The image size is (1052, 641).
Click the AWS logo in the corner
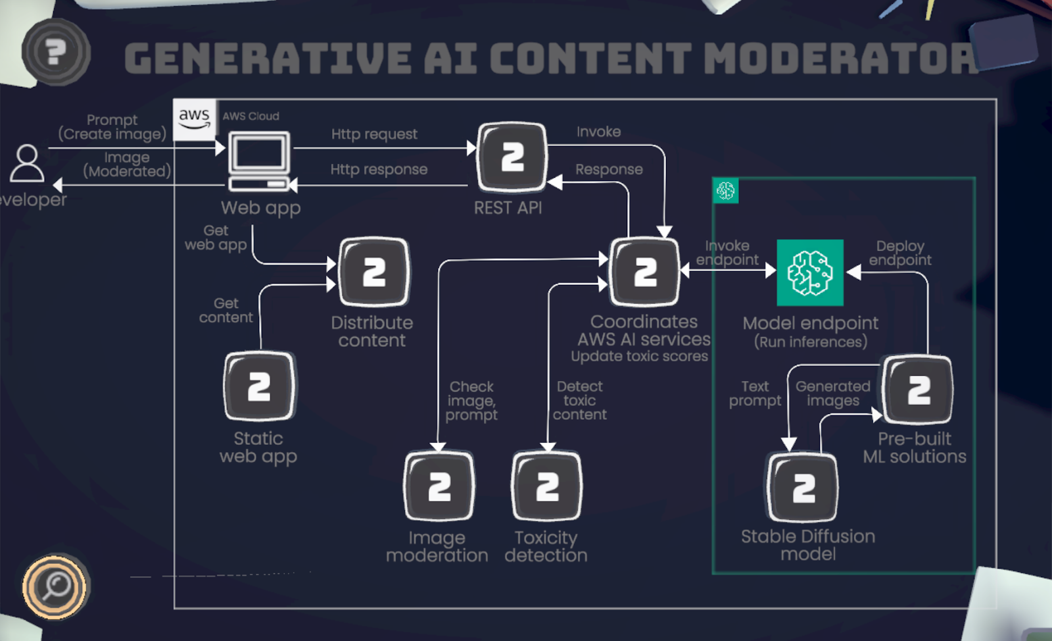[x=194, y=119]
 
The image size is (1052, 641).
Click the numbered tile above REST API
[x=512, y=157]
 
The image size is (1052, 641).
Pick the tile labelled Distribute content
[x=373, y=272]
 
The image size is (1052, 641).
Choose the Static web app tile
[x=259, y=386]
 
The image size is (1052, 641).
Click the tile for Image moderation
[x=439, y=486]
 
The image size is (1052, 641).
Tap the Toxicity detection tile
[x=546, y=486]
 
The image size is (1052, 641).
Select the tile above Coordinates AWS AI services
[x=644, y=272]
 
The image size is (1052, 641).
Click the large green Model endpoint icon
[x=810, y=272]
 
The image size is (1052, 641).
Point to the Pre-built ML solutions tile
[x=918, y=389]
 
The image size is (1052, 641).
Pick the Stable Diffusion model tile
[x=803, y=488]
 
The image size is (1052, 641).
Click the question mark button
[x=55, y=52]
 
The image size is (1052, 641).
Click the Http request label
[x=374, y=134]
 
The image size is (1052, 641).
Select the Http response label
[x=379, y=170]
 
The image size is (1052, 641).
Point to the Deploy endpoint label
[x=899, y=253]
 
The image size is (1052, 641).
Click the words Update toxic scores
[x=639, y=357]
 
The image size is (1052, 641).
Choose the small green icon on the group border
[x=725, y=191]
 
